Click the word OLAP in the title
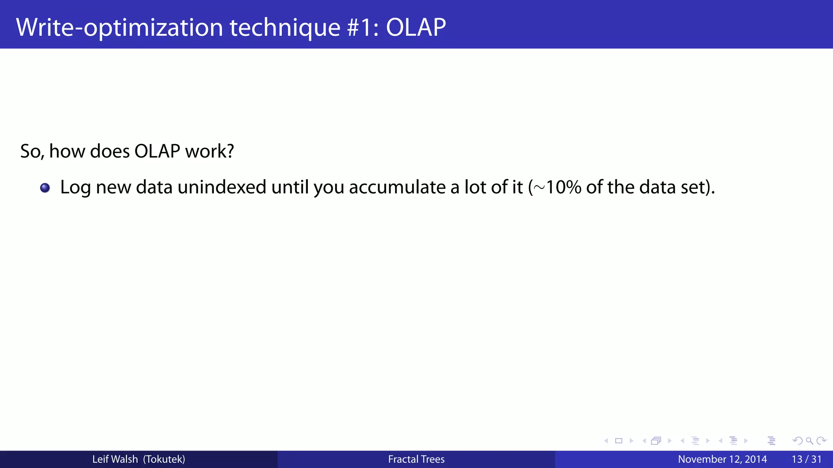(415, 28)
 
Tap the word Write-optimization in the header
(119, 28)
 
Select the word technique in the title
(285, 28)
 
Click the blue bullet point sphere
(45, 188)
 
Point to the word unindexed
(222, 187)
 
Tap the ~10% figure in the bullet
(557, 187)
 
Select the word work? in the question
(209, 151)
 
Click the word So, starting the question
(32, 152)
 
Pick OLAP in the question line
(157, 151)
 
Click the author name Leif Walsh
(115, 459)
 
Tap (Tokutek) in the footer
(164, 459)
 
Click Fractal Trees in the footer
(416, 459)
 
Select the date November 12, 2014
(722, 459)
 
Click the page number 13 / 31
(806, 459)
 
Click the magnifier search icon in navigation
(809, 441)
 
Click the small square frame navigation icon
(619, 441)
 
